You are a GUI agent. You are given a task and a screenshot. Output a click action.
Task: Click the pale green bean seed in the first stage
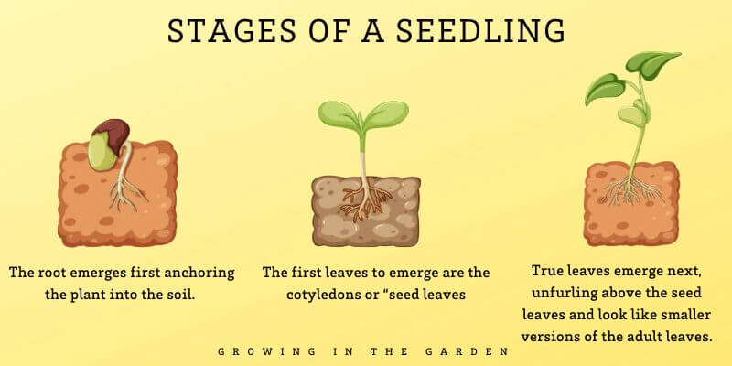pos(102,152)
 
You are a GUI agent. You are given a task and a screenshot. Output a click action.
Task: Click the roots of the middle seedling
pos(365,197)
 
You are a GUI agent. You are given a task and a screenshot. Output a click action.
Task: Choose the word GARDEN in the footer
pos(476,350)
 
